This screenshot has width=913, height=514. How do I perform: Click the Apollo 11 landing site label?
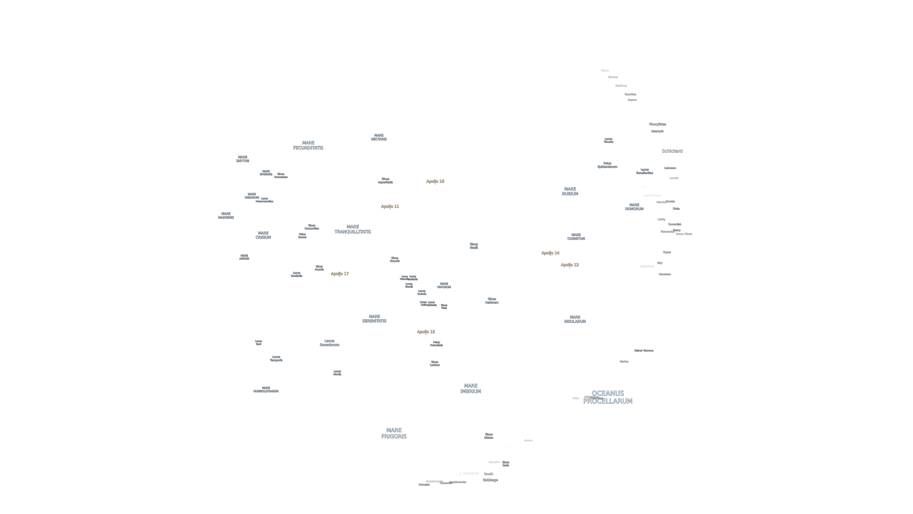click(390, 206)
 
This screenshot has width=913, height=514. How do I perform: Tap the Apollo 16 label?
click(435, 181)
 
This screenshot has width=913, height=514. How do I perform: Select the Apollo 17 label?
click(340, 273)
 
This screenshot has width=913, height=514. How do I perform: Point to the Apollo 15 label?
click(426, 332)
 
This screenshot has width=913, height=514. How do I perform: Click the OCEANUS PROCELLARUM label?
click(608, 397)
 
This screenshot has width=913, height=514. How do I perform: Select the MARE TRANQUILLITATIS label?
click(352, 229)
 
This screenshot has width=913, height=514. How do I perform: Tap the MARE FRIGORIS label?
click(393, 433)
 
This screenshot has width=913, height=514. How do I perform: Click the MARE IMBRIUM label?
click(470, 388)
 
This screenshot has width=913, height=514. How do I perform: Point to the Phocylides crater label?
click(657, 124)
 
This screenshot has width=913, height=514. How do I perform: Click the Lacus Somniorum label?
click(329, 343)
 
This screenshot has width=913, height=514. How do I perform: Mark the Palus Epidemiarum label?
click(607, 165)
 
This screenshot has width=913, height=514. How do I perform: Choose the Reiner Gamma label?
click(643, 350)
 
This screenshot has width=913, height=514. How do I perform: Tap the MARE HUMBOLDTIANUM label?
click(265, 389)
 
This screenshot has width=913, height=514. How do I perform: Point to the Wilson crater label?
click(605, 71)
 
